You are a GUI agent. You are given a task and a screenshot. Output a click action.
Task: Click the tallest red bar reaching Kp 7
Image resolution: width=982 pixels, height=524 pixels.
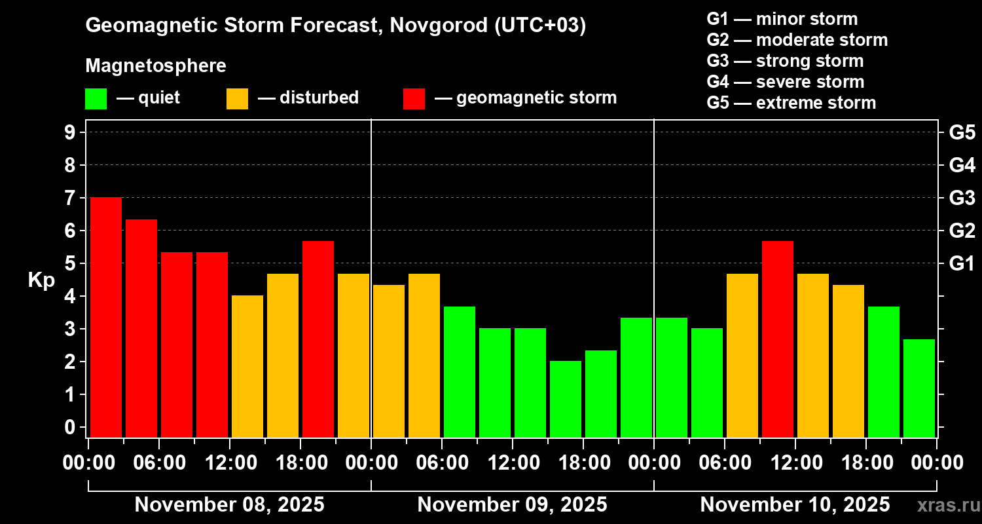(x=106, y=317)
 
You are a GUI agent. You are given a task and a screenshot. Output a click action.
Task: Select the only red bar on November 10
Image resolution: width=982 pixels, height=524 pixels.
(x=778, y=339)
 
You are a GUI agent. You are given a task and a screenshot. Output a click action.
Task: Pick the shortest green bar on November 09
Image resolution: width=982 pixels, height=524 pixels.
(x=566, y=399)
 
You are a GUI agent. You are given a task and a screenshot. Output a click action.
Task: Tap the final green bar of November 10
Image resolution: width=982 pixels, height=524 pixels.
(x=919, y=388)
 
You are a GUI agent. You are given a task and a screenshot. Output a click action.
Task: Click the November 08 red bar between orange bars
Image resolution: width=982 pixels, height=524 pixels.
(x=318, y=339)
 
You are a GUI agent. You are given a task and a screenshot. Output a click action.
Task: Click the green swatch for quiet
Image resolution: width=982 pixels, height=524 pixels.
(x=96, y=99)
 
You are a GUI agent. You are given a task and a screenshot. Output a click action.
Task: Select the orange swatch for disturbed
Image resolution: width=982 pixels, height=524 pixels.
(x=237, y=99)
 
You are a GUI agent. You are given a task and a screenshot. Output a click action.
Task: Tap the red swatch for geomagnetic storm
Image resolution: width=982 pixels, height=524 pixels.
(x=414, y=99)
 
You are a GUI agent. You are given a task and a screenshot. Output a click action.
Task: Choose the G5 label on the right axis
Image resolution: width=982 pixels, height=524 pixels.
(x=962, y=132)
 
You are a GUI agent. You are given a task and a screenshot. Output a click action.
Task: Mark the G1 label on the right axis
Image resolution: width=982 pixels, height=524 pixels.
(x=962, y=263)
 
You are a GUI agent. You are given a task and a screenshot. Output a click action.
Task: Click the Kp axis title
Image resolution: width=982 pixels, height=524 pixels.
(x=41, y=280)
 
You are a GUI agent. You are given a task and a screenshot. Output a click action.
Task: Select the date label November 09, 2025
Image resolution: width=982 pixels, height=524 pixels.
(x=512, y=505)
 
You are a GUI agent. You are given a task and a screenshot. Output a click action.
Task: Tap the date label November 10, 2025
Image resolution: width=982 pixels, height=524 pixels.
(x=795, y=505)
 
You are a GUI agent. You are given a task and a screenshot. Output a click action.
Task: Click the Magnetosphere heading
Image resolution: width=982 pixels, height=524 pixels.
(x=156, y=66)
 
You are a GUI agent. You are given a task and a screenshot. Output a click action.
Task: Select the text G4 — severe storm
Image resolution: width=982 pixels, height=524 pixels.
(x=785, y=82)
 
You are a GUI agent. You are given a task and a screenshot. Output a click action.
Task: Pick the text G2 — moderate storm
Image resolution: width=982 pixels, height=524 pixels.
(x=797, y=40)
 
